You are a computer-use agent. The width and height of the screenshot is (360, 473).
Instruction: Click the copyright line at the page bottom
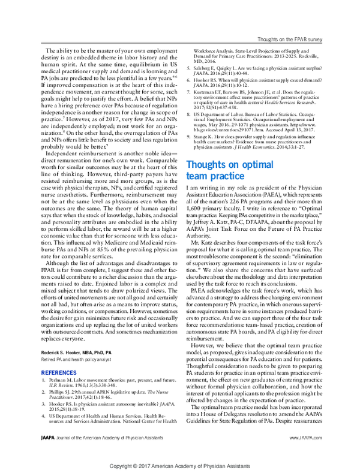pyautogui.click(x=180, y=465)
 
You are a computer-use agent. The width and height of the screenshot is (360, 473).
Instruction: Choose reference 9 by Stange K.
pyautogui.click(x=255, y=141)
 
